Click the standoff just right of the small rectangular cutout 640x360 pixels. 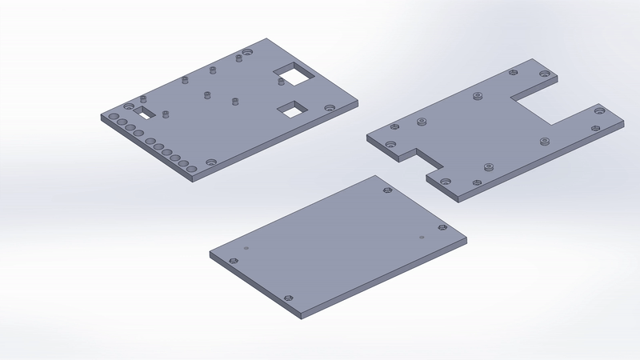[x=165, y=113]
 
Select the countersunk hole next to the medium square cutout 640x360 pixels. [x=330, y=106]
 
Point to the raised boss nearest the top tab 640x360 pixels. [x=477, y=96]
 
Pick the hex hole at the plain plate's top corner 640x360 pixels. [x=387, y=190]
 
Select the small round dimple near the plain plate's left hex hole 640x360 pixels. [x=246, y=249]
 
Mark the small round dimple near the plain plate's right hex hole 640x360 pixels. [x=422, y=237]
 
